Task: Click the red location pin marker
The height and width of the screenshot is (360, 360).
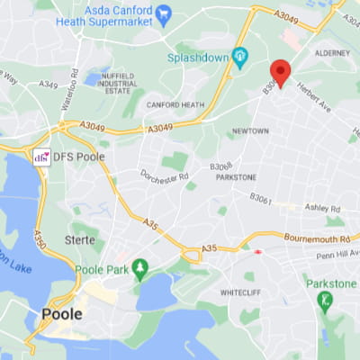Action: click(280, 72)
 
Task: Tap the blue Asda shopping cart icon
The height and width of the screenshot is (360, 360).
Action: click(163, 15)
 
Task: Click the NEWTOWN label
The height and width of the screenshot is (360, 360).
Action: click(250, 131)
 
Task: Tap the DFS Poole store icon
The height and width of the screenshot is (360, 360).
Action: click(40, 157)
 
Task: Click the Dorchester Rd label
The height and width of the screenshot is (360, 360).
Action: click(165, 176)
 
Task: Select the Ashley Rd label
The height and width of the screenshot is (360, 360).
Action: click(321, 208)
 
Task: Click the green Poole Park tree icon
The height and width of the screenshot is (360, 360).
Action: click(139, 267)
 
